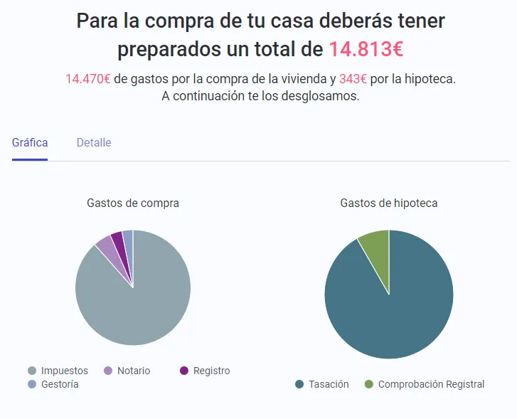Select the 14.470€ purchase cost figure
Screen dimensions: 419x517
(x=87, y=78)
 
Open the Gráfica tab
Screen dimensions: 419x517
(x=30, y=142)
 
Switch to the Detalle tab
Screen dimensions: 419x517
(x=94, y=142)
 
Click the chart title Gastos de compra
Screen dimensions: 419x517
(x=133, y=203)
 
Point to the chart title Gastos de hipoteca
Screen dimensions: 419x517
(x=389, y=203)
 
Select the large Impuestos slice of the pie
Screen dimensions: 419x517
(x=135, y=306)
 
